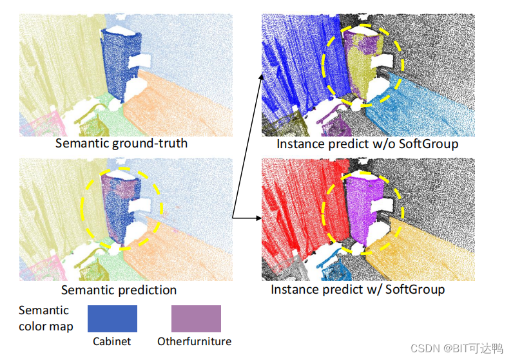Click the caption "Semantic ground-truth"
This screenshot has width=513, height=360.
click(x=121, y=143)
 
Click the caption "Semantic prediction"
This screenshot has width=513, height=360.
click(x=119, y=290)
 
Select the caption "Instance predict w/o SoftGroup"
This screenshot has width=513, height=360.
click(x=367, y=144)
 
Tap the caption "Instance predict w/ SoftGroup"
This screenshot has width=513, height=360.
click(x=358, y=290)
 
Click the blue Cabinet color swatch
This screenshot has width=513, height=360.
click(x=112, y=319)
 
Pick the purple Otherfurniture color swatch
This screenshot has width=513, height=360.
click(x=196, y=319)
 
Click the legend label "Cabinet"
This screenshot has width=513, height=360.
click(x=112, y=341)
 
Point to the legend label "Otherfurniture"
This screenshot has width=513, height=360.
click(x=194, y=341)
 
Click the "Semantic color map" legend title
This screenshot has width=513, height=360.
click(x=46, y=318)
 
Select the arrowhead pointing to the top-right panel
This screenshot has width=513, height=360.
click(x=261, y=76)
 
